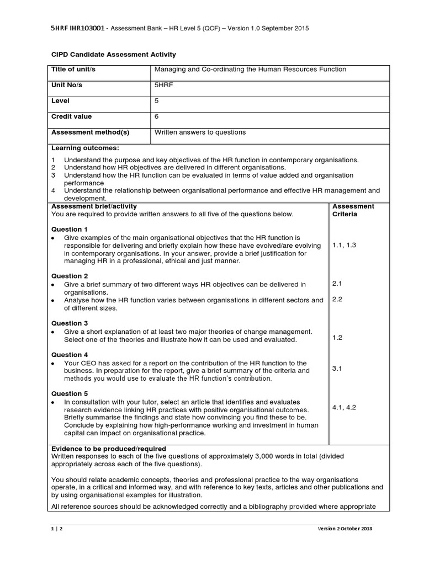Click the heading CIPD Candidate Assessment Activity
tap(113, 55)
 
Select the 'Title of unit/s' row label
tap(74, 70)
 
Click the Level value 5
tap(157, 101)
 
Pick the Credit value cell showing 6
tap(157, 116)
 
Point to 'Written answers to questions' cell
tap(200, 132)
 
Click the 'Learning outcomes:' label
tap(85, 148)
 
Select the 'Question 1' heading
tap(70, 229)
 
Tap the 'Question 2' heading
tap(70, 276)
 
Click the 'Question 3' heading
tap(70, 323)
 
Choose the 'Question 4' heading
tap(70, 355)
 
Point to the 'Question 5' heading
tap(70, 394)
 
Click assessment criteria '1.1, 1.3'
tap(344, 245)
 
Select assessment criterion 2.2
tap(337, 299)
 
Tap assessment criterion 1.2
tap(337, 337)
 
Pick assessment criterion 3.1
tap(337, 368)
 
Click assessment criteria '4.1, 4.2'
tap(344, 408)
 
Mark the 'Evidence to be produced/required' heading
tap(109, 449)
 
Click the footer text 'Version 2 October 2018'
tap(344, 529)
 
